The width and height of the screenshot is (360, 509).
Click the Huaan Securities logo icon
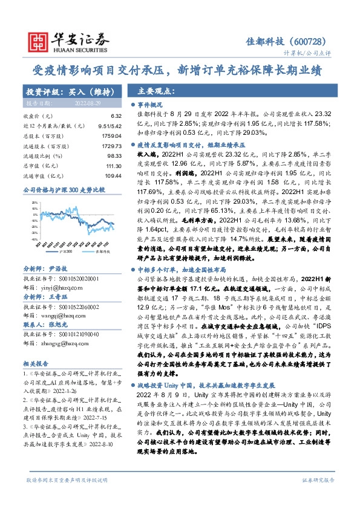click(39, 40)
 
